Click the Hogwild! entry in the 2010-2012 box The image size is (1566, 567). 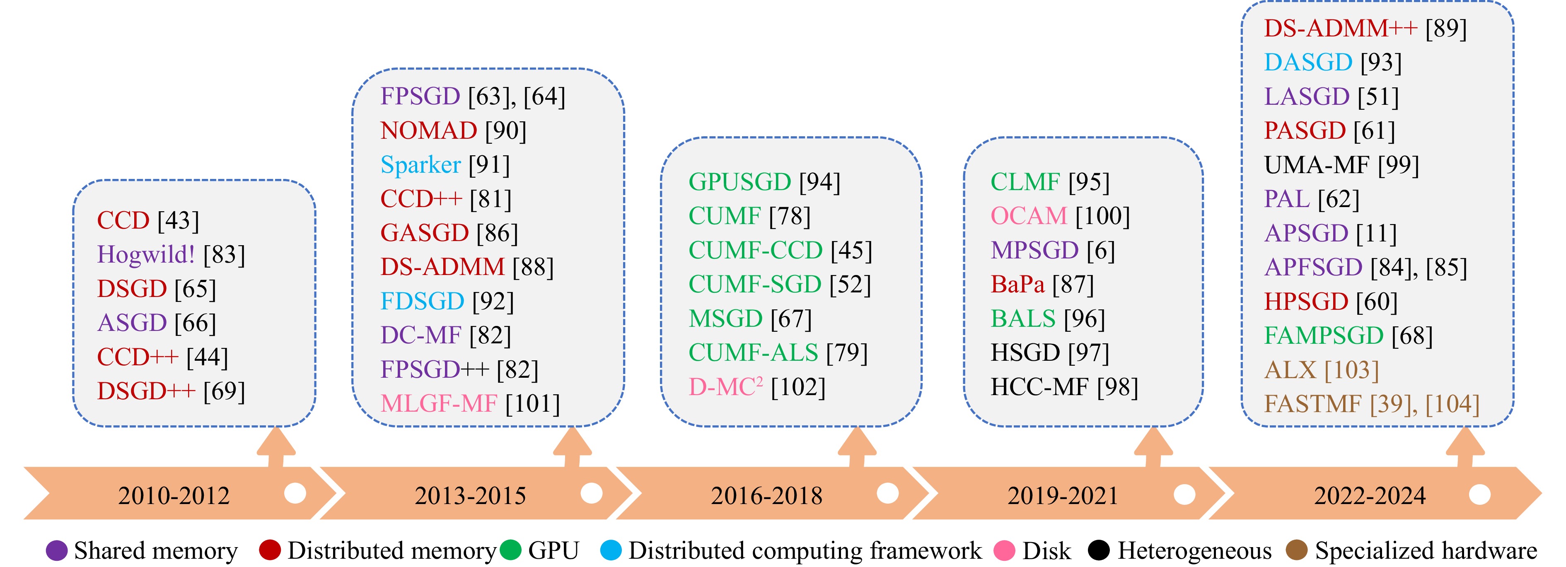point(146,255)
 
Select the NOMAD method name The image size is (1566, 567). point(429,130)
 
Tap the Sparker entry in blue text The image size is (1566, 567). point(420,165)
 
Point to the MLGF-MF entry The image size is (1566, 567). point(439,403)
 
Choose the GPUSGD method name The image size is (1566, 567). point(739,182)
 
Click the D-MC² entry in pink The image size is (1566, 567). point(725,387)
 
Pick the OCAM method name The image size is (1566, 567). point(1029,216)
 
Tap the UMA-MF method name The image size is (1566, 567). point(1317,165)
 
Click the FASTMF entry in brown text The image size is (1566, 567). point(1312,403)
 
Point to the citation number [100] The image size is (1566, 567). point(1102,216)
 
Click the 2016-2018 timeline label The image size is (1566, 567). point(766,496)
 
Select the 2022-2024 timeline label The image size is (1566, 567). point(1370,496)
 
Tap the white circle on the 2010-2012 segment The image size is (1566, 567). point(295,493)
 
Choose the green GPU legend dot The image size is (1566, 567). point(511,550)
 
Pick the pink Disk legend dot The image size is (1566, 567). point(1004,550)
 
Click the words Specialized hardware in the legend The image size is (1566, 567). point(1426,550)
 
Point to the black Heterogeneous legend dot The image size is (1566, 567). point(1099,550)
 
